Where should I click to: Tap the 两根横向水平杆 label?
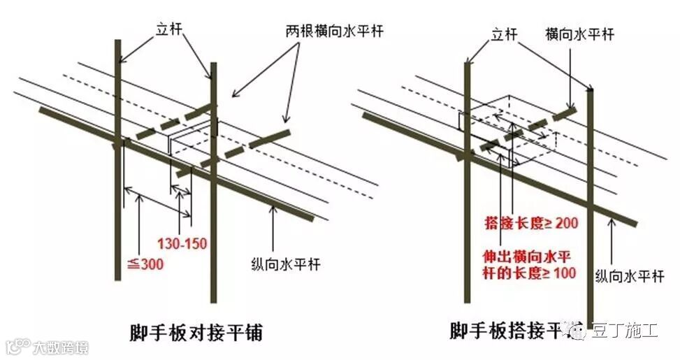(x=335, y=31)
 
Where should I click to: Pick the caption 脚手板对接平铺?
(x=196, y=332)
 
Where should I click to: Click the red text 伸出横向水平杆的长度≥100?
(x=530, y=264)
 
